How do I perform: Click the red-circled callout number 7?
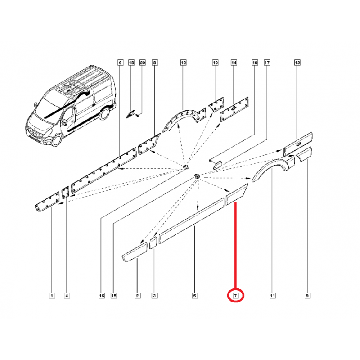[x=235, y=296]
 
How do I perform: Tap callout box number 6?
[x=120, y=63]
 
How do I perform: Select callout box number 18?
[x=131, y=63]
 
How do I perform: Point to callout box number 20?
[x=143, y=63]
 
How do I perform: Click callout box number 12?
[x=184, y=63]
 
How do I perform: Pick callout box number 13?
[x=297, y=63]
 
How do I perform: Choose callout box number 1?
[x=52, y=296]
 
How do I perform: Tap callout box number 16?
[x=102, y=296]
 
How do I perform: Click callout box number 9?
[x=307, y=296]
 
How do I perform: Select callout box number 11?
[x=272, y=296]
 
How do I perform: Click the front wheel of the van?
[x=57, y=140]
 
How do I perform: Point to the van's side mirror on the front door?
[x=63, y=122]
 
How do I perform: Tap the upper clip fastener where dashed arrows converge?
[x=185, y=166]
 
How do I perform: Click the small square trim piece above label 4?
[x=65, y=192]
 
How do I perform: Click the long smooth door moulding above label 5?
[x=192, y=220]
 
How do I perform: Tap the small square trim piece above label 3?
[x=153, y=243]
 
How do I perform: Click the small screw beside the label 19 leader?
[x=210, y=160]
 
